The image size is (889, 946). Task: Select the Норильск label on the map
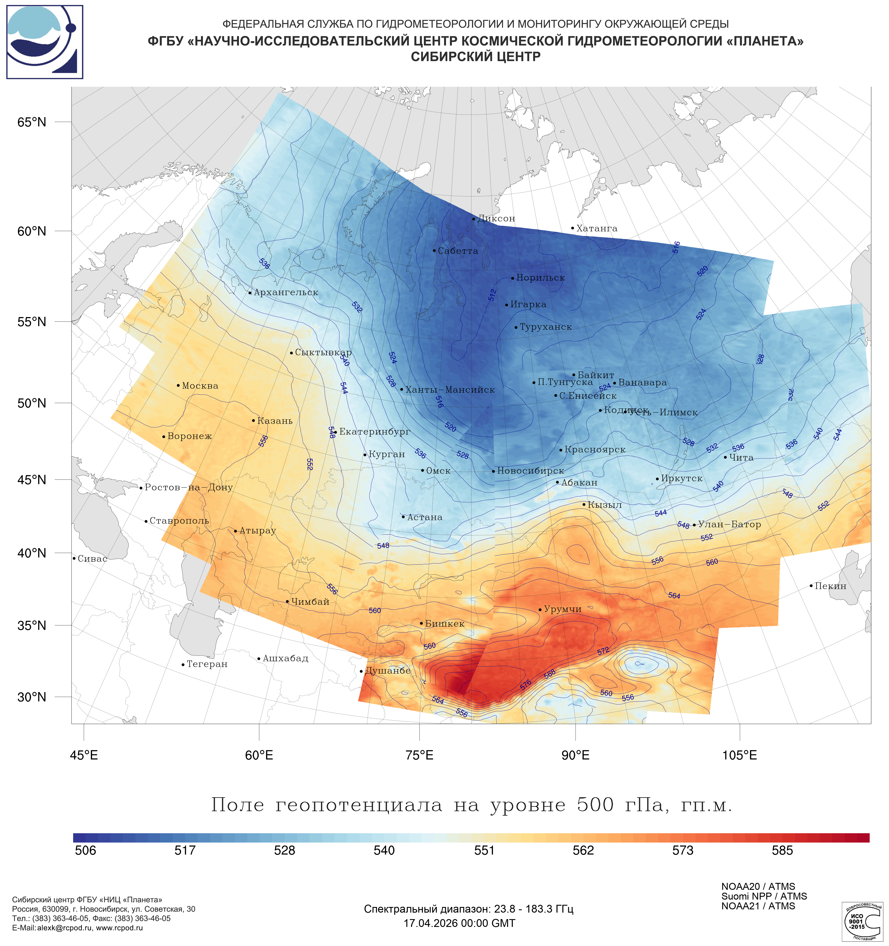(x=540, y=278)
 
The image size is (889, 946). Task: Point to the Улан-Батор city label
(x=729, y=524)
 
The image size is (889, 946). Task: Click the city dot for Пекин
(x=811, y=586)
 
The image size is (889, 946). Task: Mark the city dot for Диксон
(x=473, y=219)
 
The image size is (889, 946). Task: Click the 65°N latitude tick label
(x=32, y=122)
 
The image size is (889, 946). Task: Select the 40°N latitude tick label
(x=32, y=553)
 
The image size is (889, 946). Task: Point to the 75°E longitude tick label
(x=420, y=755)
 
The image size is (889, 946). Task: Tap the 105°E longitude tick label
(x=739, y=755)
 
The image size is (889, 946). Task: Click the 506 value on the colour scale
(x=86, y=850)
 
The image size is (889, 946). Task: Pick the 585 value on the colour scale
(x=782, y=850)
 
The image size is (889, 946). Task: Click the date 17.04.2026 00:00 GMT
(x=459, y=923)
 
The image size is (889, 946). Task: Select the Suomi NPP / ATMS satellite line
(x=764, y=896)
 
